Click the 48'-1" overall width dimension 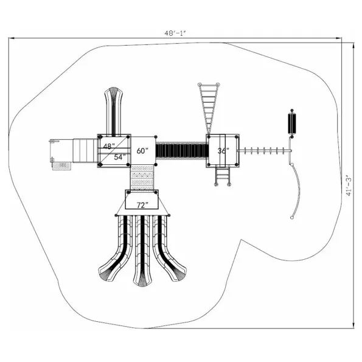[x=175, y=33]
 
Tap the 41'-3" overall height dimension [x=349, y=186]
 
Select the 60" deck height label [x=142, y=151]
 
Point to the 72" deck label [x=142, y=205]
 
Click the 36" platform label [x=223, y=150]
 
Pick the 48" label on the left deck [x=109, y=146]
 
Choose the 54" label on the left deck [x=120, y=157]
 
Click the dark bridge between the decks [x=182, y=150]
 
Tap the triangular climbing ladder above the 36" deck [x=209, y=108]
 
